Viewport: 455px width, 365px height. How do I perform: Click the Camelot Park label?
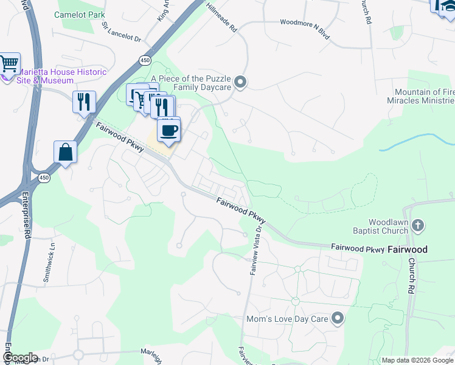click(80, 15)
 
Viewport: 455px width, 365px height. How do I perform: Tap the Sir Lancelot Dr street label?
click(122, 32)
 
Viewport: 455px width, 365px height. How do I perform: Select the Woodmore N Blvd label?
click(304, 23)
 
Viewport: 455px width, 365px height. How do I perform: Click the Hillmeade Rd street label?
click(221, 17)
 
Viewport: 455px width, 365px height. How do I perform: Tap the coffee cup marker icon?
click(169, 128)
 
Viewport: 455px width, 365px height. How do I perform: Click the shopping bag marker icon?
click(65, 152)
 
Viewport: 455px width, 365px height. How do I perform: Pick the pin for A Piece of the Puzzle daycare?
click(240, 82)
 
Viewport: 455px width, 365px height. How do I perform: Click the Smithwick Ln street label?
click(49, 263)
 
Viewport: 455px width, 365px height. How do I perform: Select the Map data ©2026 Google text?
click(416, 360)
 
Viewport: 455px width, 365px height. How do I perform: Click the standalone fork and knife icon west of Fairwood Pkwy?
click(84, 102)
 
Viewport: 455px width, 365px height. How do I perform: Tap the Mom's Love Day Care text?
click(287, 319)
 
